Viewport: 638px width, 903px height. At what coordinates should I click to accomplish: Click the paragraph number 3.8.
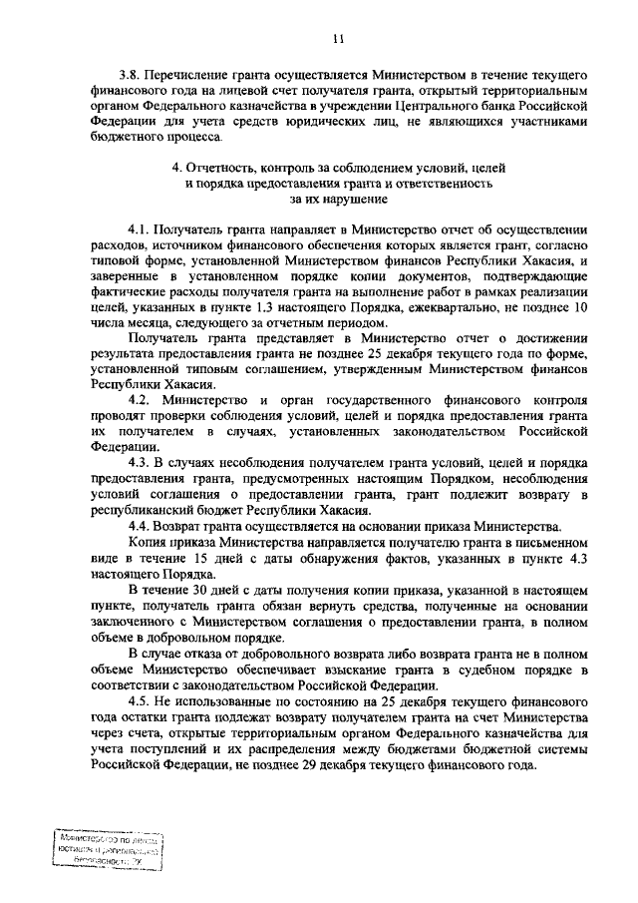(x=130, y=76)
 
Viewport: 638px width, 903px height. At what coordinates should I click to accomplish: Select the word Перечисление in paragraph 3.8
(x=188, y=76)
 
